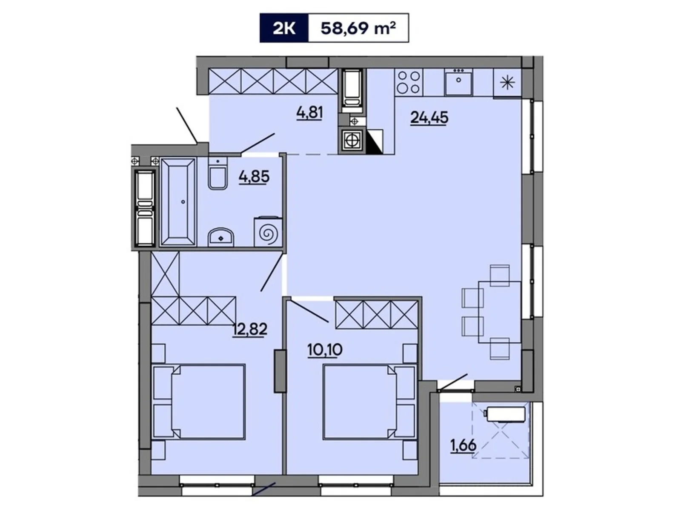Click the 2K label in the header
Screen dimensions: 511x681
point(284,28)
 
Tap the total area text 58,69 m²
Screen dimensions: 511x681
point(358,28)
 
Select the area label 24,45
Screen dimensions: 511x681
point(429,117)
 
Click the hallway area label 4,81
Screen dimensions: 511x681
point(309,113)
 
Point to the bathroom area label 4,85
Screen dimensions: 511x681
point(254,176)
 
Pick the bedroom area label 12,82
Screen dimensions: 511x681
point(250,329)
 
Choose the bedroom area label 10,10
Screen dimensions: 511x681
point(325,350)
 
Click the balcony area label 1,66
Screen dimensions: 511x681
point(464,445)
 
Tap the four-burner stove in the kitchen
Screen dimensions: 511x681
point(409,82)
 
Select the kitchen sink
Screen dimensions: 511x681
point(458,83)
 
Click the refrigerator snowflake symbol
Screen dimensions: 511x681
point(507,83)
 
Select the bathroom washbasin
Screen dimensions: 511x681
point(220,237)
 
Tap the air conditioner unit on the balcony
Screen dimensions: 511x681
point(506,413)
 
